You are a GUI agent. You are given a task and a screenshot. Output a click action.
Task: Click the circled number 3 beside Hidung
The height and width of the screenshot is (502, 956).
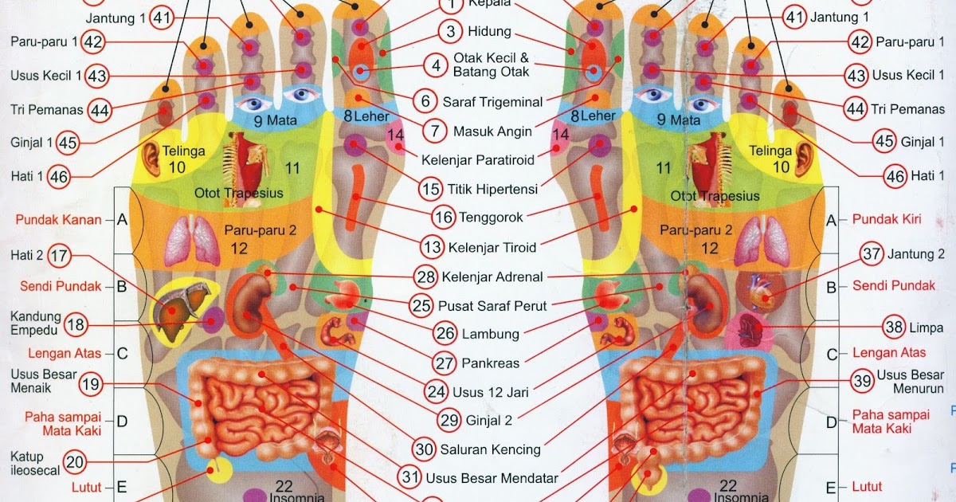click(x=451, y=32)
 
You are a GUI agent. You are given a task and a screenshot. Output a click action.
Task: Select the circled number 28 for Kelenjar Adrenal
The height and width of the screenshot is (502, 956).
click(x=425, y=277)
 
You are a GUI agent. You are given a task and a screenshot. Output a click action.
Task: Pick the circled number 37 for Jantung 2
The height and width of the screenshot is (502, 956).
click(x=872, y=255)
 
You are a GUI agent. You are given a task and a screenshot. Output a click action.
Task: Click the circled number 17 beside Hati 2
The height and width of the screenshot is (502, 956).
click(x=59, y=257)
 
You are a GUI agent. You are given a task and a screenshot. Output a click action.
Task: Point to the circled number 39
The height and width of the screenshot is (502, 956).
click(x=862, y=382)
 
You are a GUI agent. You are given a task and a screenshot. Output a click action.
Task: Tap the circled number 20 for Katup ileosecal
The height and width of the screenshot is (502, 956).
click(x=74, y=461)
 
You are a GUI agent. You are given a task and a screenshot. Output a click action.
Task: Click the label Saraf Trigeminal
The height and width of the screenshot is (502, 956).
click(x=492, y=102)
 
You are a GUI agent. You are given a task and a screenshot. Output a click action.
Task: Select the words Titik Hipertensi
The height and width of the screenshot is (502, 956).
click(x=491, y=190)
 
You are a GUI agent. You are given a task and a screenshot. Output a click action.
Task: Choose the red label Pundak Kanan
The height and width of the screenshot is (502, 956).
click(x=60, y=219)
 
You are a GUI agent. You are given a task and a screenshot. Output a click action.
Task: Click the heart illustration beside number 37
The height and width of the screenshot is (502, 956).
click(x=754, y=291)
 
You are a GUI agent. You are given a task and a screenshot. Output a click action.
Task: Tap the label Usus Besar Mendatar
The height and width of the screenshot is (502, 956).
click(x=492, y=478)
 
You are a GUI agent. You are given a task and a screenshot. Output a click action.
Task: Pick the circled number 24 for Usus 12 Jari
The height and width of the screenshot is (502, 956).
click(x=436, y=392)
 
